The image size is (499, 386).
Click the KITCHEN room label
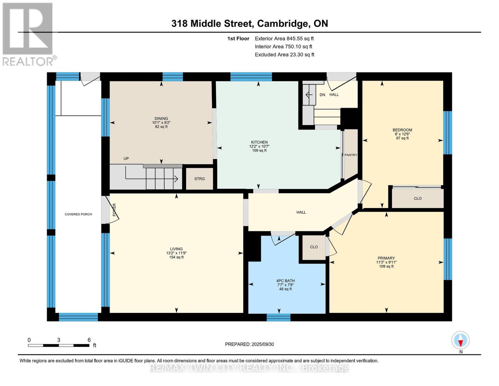click(x=259, y=142)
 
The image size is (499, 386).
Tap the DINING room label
click(x=161, y=119)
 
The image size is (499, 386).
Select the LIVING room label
click(x=176, y=249)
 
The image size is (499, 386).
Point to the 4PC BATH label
click(x=285, y=281)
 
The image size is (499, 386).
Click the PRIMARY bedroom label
click(x=386, y=258)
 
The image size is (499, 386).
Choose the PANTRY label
click(x=351, y=155)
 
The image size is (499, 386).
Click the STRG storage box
click(x=200, y=179)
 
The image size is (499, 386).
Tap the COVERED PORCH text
click(x=78, y=214)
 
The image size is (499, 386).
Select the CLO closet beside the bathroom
click(x=314, y=247)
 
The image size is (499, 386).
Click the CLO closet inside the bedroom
click(x=417, y=198)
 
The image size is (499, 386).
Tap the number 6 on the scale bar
click(x=89, y=340)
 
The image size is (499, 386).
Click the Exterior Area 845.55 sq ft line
click(x=284, y=39)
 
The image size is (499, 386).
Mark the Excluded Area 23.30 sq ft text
click(x=284, y=55)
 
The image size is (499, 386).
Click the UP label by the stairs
click(x=126, y=159)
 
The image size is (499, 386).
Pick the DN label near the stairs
click(x=322, y=95)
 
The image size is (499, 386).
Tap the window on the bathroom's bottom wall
click(x=279, y=317)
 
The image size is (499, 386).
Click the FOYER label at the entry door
click(x=114, y=209)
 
